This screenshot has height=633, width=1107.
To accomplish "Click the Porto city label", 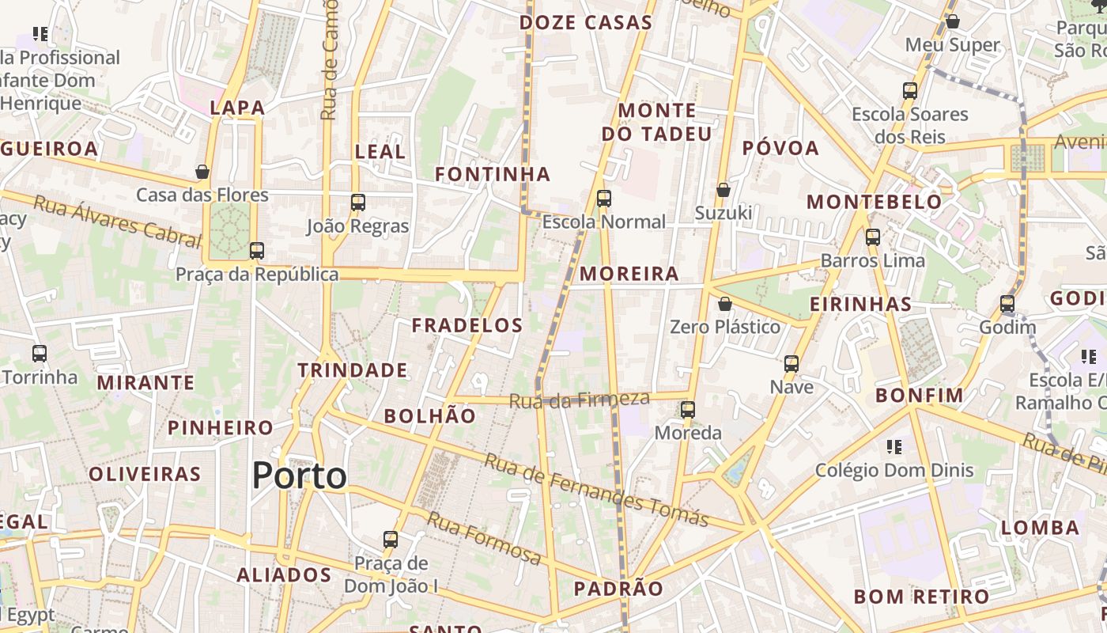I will point(299,476).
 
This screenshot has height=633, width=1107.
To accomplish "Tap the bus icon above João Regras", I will point(358,203).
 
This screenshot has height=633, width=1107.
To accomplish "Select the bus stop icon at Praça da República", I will point(256,251).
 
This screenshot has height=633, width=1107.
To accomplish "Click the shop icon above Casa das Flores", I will point(202,172).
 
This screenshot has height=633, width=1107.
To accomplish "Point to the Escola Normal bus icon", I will point(604,198).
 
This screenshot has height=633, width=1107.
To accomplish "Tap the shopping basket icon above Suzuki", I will point(723,190).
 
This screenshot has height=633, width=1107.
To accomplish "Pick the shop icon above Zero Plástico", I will point(724,304).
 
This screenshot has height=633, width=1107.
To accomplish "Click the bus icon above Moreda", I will point(688,410).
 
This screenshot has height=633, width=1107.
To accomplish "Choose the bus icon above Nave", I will point(792,364).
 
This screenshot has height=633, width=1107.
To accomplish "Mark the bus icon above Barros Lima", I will point(873,237).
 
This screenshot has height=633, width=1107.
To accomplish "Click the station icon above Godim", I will point(1007,304).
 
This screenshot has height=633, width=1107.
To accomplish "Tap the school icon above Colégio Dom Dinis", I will point(894,447).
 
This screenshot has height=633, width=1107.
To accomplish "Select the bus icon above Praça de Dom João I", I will point(391,540).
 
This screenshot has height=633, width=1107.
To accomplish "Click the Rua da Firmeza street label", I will point(579,400).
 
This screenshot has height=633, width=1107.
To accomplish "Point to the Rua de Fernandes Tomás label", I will point(596,491).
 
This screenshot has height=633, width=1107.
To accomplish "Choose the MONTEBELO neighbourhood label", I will point(874,202).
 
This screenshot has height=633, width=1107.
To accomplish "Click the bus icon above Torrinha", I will point(40,354).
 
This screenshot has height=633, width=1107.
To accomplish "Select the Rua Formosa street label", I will point(485,539).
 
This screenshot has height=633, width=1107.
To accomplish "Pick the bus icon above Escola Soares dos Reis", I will point(910,91).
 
